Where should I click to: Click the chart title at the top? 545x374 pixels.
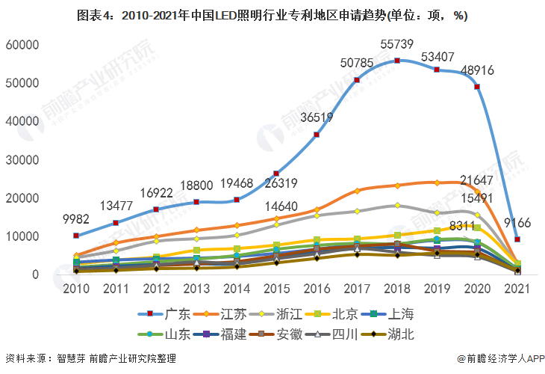pyautogui.click(x=272, y=15)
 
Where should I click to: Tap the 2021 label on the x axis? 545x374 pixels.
pyautogui.click(x=516, y=289)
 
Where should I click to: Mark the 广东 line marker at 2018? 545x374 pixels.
pyautogui.click(x=397, y=61)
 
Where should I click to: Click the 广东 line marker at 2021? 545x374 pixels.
pyautogui.click(x=517, y=239)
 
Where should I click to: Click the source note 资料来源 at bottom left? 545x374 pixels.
pyautogui.click(x=90, y=358)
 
